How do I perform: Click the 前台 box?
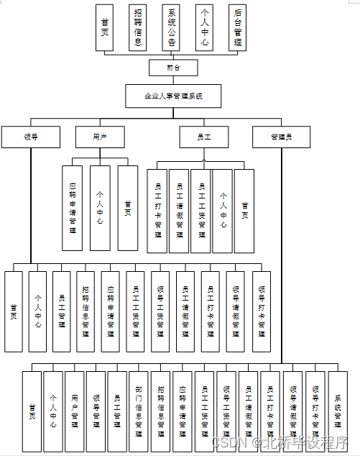tap(172, 68)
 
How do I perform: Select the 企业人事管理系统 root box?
tap(173, 96)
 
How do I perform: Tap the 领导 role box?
tap(31, 137)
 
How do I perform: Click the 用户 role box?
tap(100, 137)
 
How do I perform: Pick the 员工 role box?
tap(204, 137)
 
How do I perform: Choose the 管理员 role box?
tap(281, 137)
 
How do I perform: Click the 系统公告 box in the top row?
tap(172, 28)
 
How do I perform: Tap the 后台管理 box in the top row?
tap(238, 28)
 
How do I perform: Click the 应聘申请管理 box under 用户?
tap(72, 208)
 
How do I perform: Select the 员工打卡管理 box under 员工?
tap(157, 211)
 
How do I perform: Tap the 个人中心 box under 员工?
tap(223, 211)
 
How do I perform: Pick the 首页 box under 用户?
tap(128, 208)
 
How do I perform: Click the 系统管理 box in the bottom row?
tap(338, 412)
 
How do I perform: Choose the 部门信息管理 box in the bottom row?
tap(139, 412)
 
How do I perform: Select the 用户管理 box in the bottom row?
tap(75, 412)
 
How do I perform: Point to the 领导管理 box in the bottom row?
tap(96, 412)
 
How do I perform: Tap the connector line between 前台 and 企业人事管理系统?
tap(172, 81)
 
